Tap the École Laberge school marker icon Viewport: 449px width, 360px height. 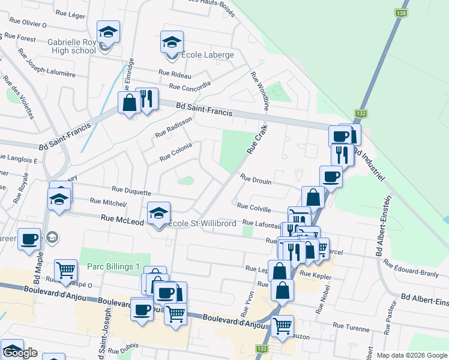coord(171,43)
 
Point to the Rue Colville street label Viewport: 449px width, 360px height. coord(254,208)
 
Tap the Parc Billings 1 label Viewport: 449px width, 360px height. coord(113,266)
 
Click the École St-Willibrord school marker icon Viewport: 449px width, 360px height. coord(158,213)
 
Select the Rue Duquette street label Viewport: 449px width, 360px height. coord(130,193)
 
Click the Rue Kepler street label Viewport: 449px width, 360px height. coord(315,274)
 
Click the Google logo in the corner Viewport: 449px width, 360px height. coord(21,353)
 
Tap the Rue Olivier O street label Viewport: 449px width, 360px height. coord(28,24)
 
